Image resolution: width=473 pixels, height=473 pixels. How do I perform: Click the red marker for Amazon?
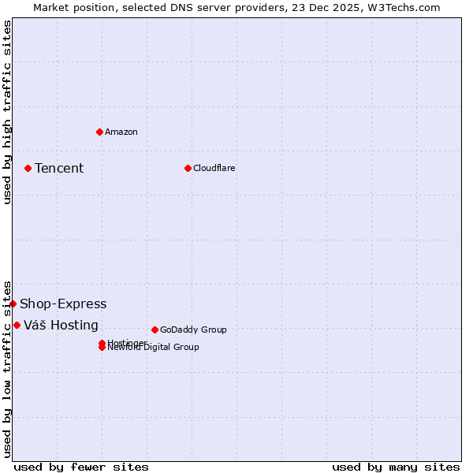(x=99, y=132)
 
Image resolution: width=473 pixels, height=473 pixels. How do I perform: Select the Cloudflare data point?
(x=188, y=168)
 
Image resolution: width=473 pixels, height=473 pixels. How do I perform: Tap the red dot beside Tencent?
(x=28, y=168)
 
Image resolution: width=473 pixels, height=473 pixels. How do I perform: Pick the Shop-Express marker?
(x=13, y=304)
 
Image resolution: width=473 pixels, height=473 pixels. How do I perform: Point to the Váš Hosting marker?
(x=17, y=325)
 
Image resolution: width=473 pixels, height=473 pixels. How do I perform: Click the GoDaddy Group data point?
(x=155, y=330)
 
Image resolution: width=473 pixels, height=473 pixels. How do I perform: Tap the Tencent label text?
(x=59, y=168)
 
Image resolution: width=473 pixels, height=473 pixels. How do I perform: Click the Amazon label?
(x=121, y=132)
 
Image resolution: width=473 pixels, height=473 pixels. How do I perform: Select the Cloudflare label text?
(x=214, y=168)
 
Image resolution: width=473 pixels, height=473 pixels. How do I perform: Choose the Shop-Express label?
(x=63, y=304)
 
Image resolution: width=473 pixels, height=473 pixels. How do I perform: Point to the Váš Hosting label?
(x=61, y=325)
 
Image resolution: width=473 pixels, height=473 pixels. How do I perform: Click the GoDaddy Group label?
(x=193, y=330)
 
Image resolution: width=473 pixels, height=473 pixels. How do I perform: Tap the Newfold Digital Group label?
(x=154, y=348)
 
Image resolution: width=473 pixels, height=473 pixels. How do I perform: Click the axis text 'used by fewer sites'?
(x=81, y=467)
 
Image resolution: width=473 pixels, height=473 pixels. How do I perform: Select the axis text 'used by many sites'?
(x=396, y=467)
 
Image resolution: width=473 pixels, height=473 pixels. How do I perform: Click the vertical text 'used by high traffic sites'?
(x=7, y=112)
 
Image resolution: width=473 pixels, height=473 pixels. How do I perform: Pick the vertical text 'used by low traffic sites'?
(x=7, y=369)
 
